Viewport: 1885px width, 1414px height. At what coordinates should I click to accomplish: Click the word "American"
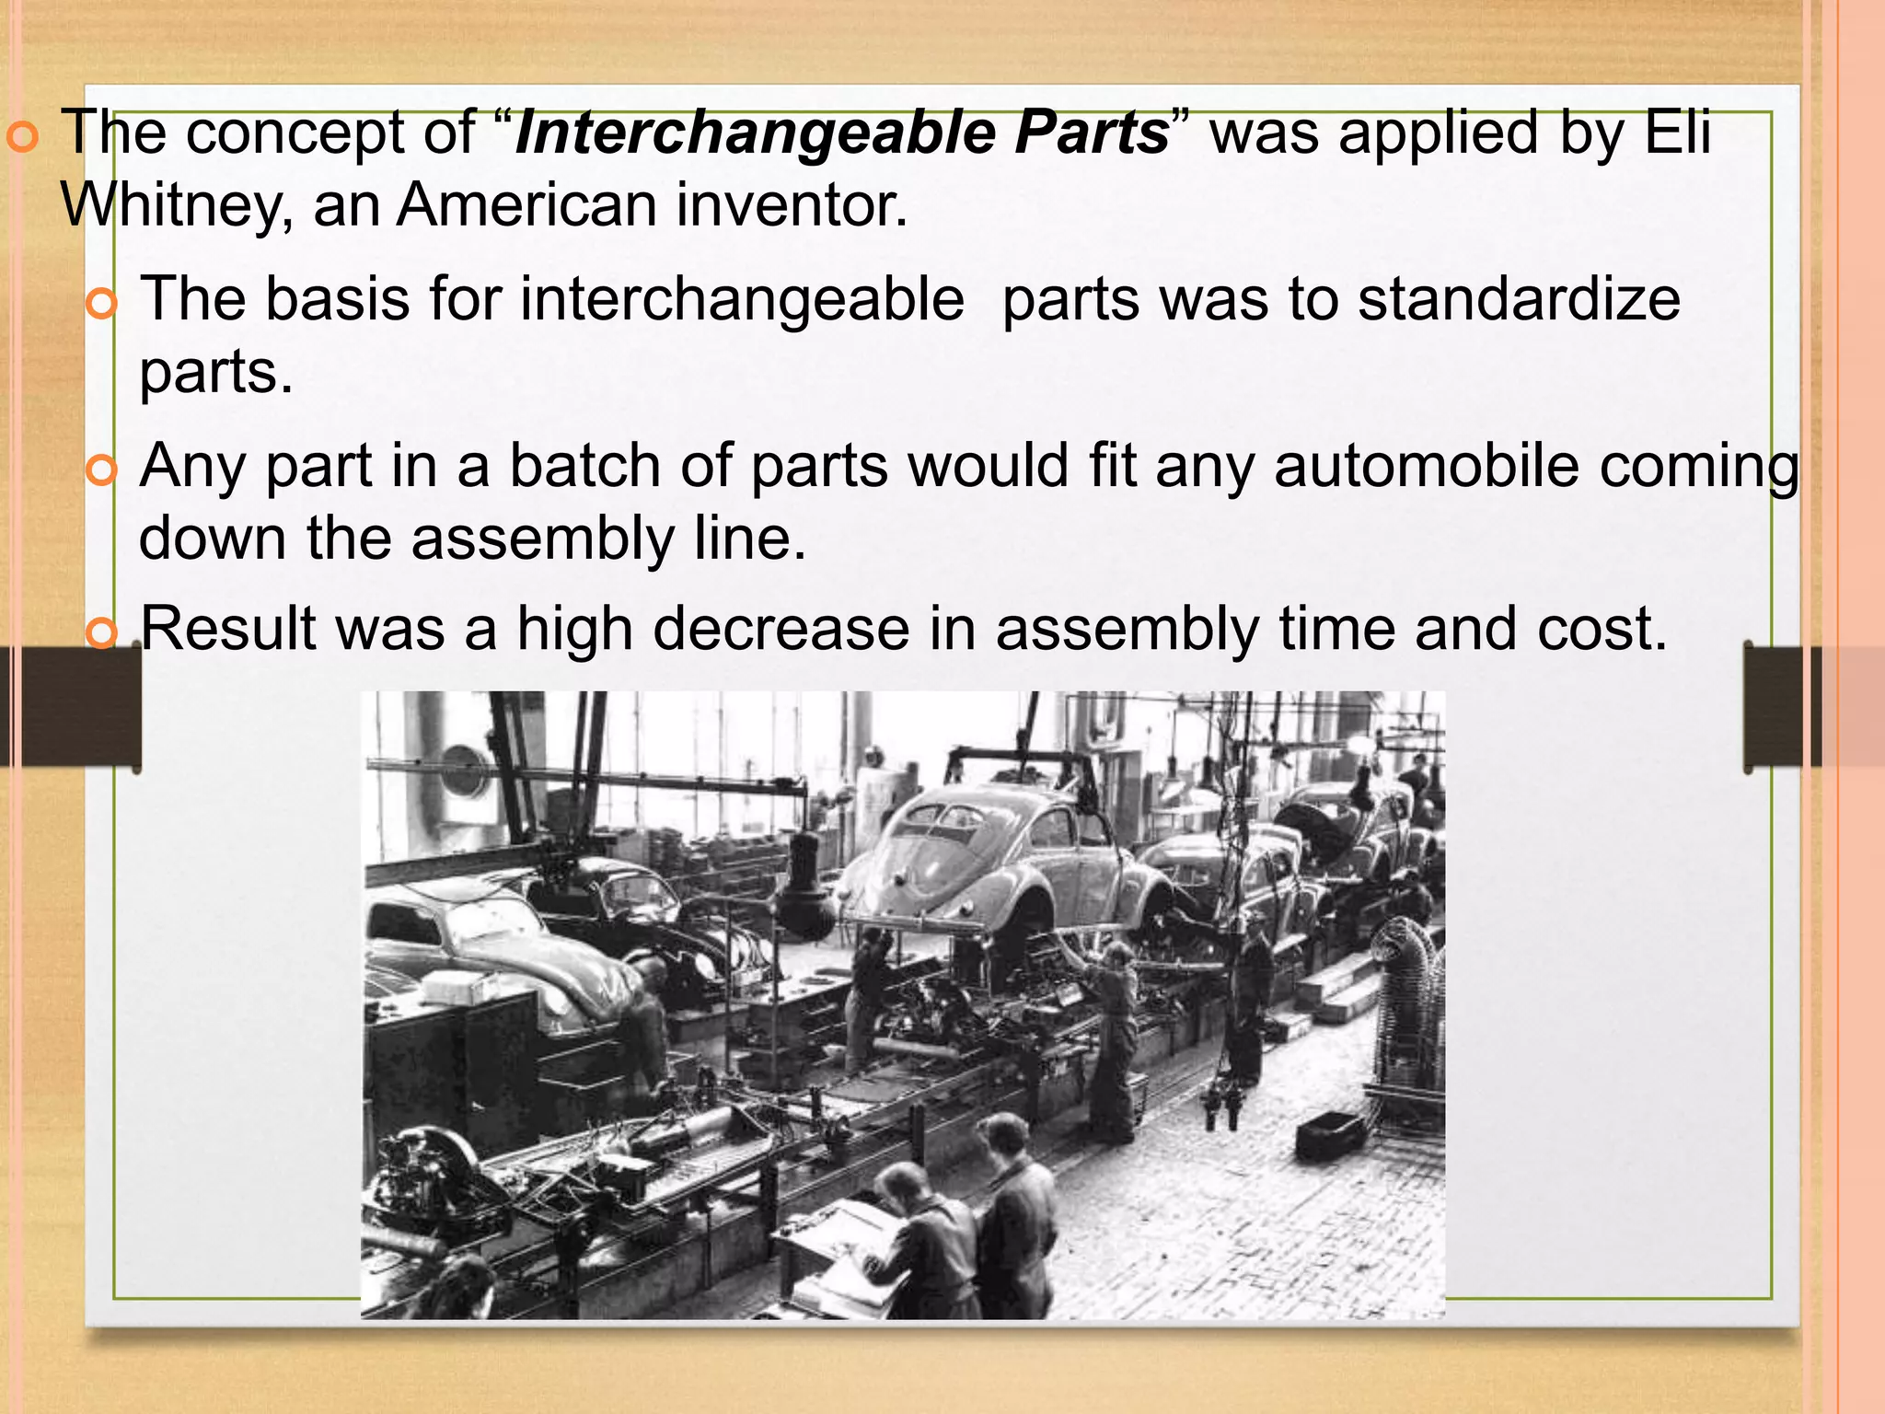(526, 204)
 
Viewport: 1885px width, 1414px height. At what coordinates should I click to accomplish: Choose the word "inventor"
(792, 204)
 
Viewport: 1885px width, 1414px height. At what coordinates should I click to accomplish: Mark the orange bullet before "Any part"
(100, 471)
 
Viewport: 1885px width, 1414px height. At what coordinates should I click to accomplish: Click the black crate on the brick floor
(1329, 1135)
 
